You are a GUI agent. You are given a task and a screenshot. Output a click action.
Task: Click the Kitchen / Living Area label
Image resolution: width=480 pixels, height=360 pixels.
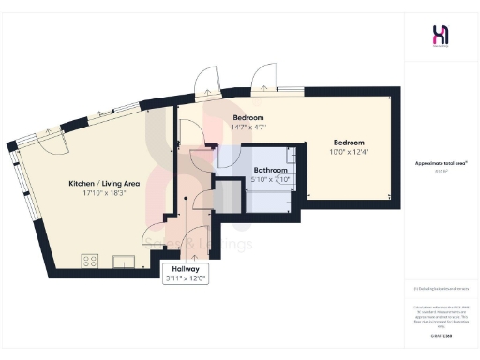[x=104, y=184]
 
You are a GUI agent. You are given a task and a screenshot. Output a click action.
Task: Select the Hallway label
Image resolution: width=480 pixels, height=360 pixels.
[x=186, y=267]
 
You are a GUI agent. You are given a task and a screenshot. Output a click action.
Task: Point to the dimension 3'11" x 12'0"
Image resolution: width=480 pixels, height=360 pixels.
[x=186, y=278]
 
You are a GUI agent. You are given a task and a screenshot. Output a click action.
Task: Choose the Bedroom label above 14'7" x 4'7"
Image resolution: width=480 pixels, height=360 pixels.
[x=249, y=117]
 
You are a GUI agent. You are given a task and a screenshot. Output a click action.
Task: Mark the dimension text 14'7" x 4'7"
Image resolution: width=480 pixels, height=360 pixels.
[x=249, y=127]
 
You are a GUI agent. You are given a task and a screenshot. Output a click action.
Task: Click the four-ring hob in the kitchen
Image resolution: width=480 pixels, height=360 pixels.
[x=91, y=260]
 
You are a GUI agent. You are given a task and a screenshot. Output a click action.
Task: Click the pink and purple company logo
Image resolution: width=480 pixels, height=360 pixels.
[x=440, y=36]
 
